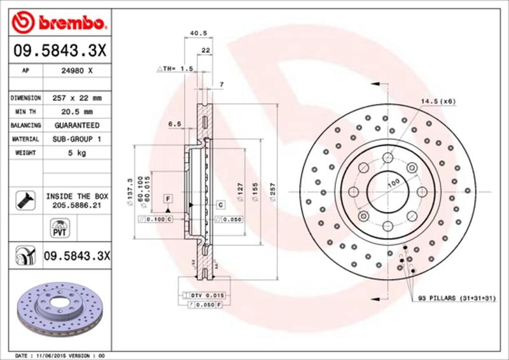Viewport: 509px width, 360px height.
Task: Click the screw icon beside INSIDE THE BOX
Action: [x=24, y=201]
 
